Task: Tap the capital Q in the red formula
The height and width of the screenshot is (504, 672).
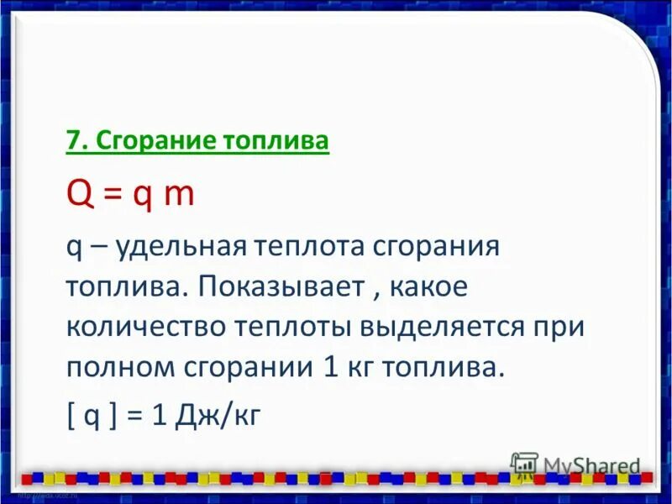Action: click(78, 195)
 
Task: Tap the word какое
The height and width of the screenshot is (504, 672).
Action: click(424, 287)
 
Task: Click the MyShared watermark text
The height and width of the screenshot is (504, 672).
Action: click(592, 465)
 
